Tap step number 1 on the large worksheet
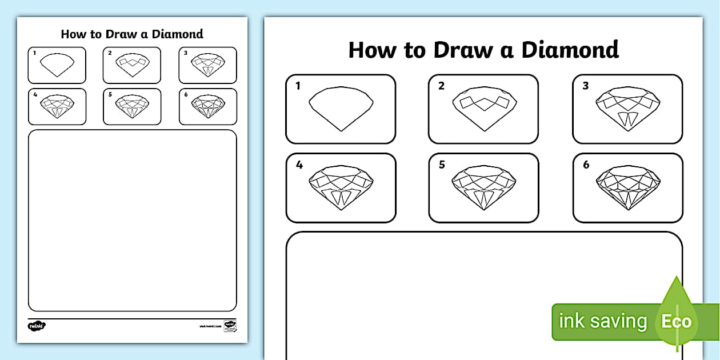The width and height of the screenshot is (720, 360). (298, 86)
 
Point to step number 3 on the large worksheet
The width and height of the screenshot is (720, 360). (585, 86)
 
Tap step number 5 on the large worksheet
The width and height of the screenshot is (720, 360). (442, 165)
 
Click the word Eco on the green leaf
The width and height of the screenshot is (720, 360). (677, 321)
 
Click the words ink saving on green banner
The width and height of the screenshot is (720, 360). (602, 321)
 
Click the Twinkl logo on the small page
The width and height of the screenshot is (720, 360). (37, 326)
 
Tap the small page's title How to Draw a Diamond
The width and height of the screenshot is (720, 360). (132, 34)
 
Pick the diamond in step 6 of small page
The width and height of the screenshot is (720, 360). (207, 106)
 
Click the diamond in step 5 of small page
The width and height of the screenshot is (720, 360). (132, 106)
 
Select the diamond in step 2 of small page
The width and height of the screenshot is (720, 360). (132, 65)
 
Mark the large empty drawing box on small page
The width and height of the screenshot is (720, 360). (132, 220)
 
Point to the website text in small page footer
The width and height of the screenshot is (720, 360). (210, 326)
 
